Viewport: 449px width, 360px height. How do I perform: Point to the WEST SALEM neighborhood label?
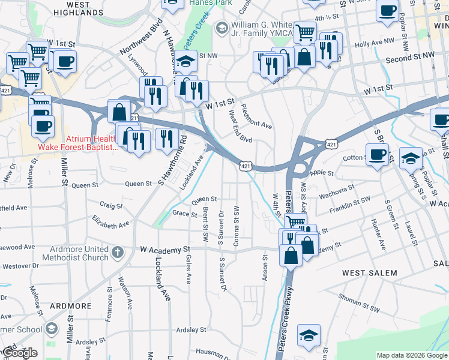click(369, 273)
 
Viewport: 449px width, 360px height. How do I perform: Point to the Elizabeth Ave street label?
click(110, 223)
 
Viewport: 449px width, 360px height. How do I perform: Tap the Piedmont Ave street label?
click(256, 117)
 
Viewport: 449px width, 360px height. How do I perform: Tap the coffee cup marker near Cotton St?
click(377, 155)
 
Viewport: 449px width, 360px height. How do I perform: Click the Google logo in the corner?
click(20, 353)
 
